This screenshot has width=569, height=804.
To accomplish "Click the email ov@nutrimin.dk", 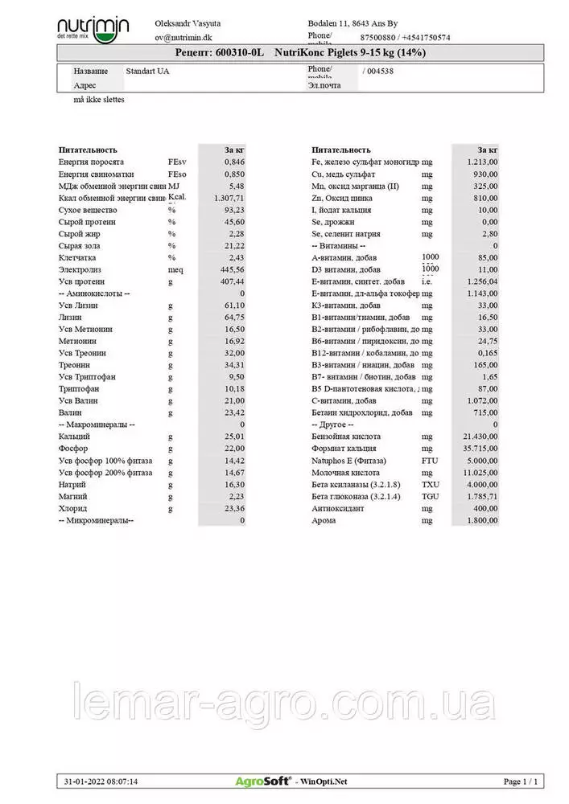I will tap(185, 37).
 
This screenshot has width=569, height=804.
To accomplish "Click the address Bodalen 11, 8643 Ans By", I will tap(353, 24).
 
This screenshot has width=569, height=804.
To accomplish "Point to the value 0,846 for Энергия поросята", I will tap(234, 162).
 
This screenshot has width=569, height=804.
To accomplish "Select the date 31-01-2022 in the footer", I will tap(83, 781).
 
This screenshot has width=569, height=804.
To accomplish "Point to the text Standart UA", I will tap(148, 71).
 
